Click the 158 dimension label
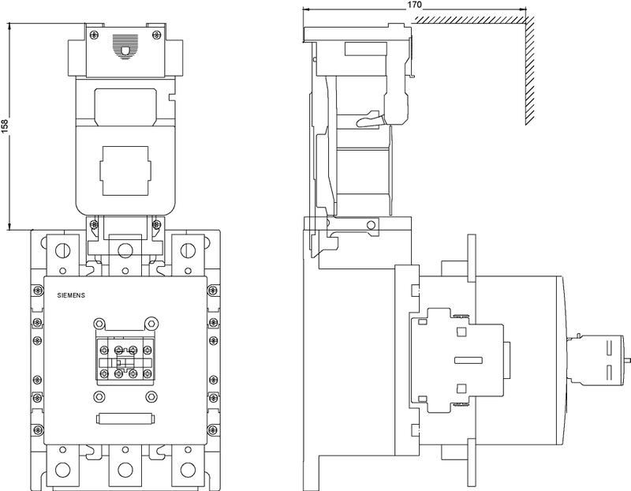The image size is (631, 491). tap(6, 126)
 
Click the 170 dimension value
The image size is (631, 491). tap(414, 5)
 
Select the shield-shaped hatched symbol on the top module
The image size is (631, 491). tap(124, 46)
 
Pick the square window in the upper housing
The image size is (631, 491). tap(124, 170)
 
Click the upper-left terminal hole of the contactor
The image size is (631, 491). tap(62, 251)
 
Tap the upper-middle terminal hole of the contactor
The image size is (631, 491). tap(125, 251)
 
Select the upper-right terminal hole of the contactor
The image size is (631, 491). tap(187, 251)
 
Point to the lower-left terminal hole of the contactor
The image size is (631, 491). tap(62, 470)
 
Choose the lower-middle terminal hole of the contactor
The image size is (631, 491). tap(125, 470)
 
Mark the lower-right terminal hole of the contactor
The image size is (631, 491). tap(187, 470)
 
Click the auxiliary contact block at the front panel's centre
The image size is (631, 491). tap(125, 359)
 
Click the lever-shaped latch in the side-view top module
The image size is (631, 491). tap(371, 121)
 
